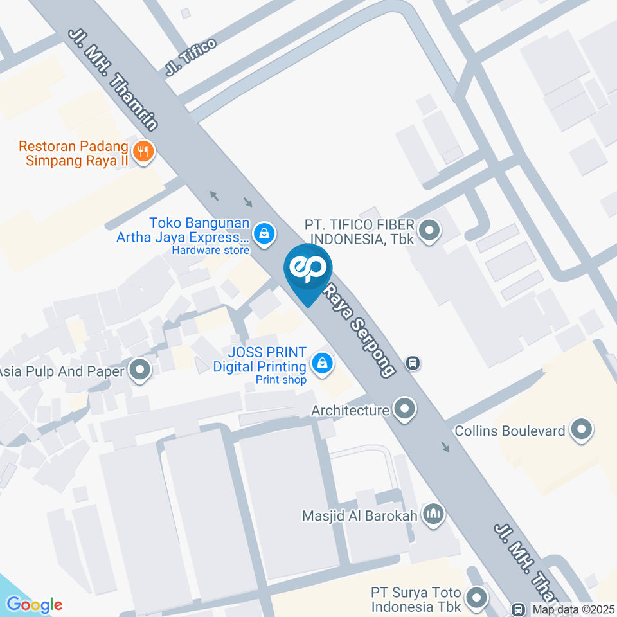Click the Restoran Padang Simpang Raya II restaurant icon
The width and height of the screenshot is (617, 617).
pos(143,152)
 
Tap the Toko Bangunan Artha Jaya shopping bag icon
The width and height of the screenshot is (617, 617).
pos(263,233)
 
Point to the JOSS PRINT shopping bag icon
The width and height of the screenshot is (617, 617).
pos(321,364)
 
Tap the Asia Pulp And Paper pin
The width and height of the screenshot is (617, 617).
pos(139,370)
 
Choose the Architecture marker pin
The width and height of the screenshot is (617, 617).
pos(404,408)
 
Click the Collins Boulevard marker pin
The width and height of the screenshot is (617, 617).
pos(582,429)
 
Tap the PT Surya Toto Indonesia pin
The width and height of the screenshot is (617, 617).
pos(477,598)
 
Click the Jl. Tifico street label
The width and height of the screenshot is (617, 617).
pos(190,57)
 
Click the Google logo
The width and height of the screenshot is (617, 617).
pos(34,605)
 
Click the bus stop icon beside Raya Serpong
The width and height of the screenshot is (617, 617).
pos(413,363)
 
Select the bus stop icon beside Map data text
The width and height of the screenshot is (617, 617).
pos(518,608)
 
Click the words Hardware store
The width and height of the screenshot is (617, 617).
pos(210,251)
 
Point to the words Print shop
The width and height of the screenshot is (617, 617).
pos(281,380)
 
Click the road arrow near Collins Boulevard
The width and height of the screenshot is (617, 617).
pos(445,447)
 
